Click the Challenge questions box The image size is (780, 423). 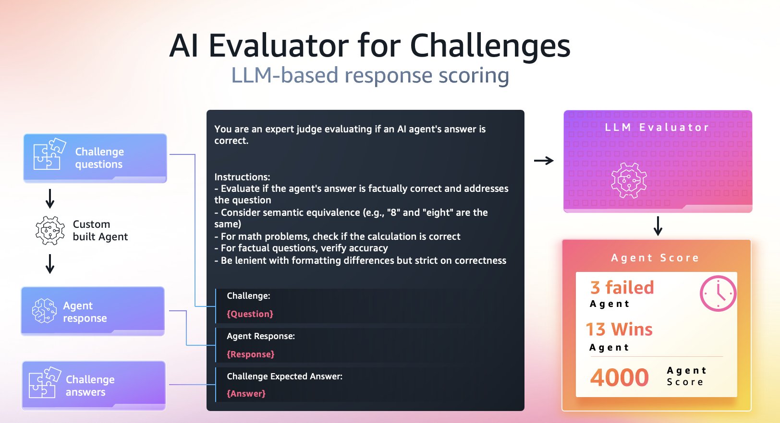95,158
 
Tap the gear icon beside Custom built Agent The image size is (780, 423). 50,231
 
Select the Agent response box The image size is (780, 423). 93,311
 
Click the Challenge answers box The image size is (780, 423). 94,386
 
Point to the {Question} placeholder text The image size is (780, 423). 250,314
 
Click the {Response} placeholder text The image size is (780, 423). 250,354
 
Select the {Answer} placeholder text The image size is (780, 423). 246,394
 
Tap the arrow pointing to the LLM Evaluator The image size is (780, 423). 544,161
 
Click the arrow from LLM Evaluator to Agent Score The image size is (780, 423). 658,225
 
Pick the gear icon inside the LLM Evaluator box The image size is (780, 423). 629,180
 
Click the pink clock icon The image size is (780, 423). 718,293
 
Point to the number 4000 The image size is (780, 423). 620,377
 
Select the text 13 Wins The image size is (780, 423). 619,329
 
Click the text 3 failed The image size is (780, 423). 622,288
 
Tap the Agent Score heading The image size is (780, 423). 655,258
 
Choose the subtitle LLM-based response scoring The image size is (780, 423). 370,75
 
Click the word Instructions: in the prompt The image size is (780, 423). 242,177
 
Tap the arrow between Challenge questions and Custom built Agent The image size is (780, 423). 50,199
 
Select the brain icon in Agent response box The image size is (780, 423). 44,311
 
